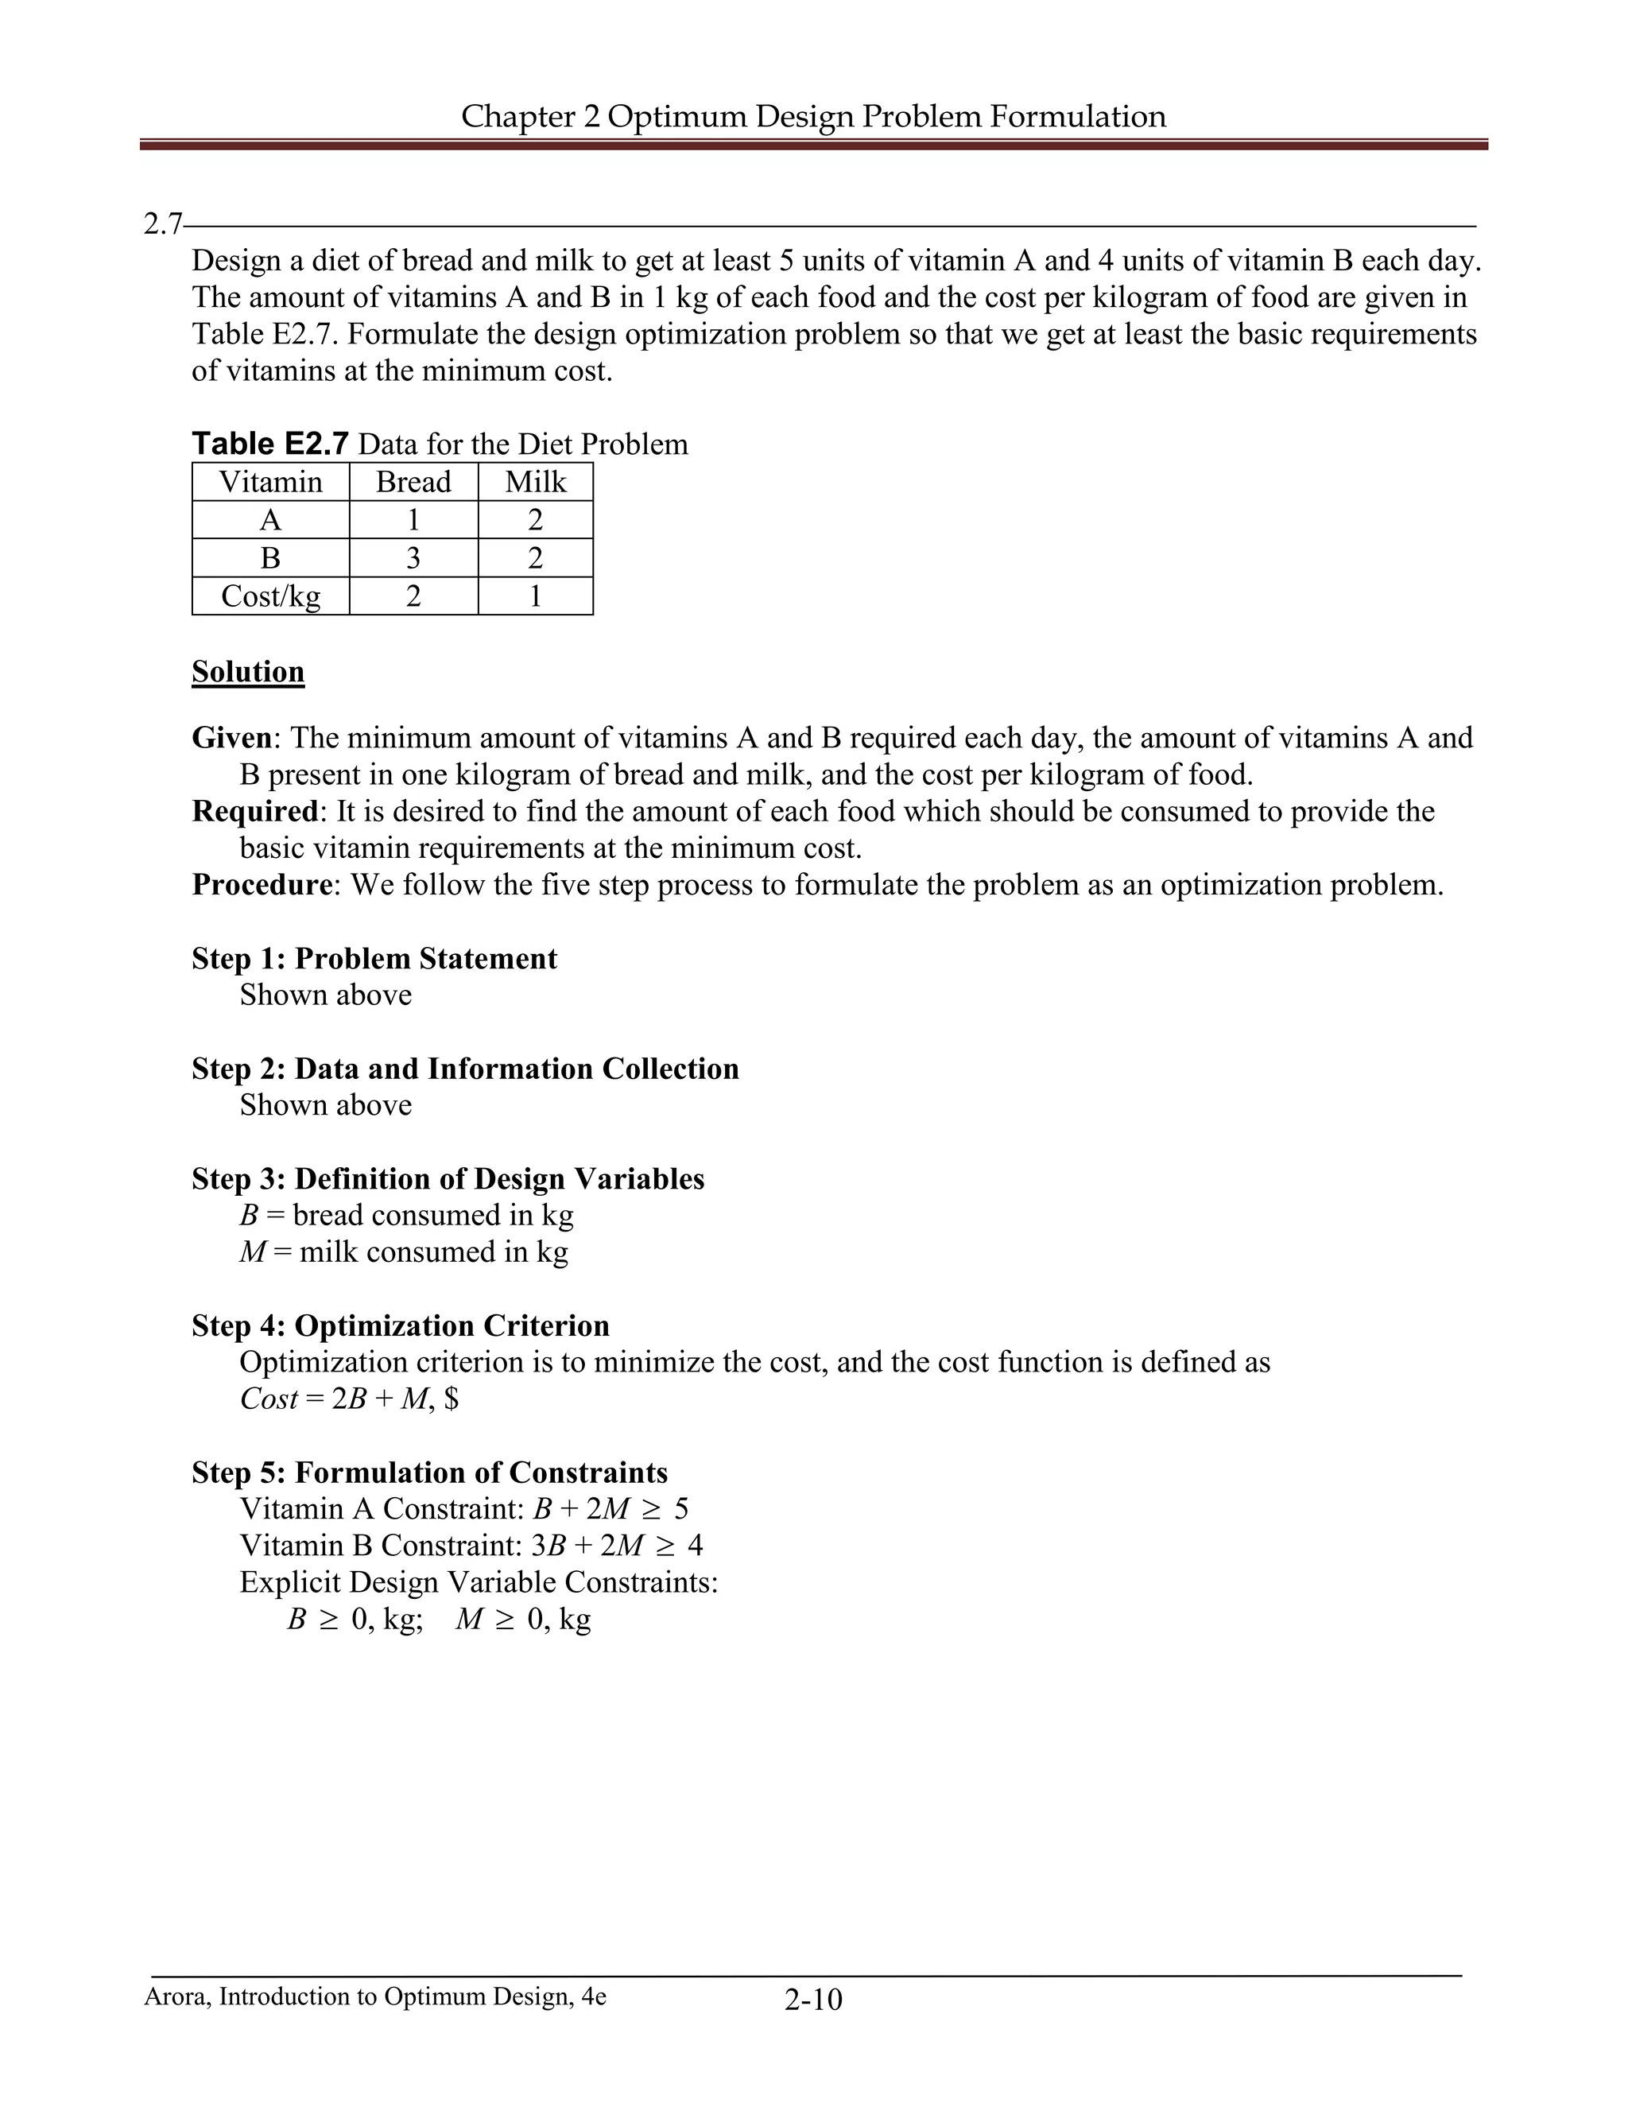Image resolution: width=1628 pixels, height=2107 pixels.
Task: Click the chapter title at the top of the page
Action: tap(813, 116)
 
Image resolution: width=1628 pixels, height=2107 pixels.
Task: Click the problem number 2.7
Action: tap(162, 225)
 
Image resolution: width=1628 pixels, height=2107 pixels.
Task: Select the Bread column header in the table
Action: tap(413, 481)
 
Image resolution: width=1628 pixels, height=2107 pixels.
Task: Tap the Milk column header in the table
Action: tap(535, 481)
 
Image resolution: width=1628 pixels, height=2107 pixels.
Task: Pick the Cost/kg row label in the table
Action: tap(270, 596)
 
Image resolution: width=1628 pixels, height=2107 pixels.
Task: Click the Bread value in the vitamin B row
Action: tap(413, 557)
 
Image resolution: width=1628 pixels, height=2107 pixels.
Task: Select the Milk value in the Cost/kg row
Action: tap(535, 596)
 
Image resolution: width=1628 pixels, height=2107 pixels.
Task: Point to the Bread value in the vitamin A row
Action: tap(413, 520)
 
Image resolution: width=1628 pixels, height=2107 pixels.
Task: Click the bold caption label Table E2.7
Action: tap(270, 444)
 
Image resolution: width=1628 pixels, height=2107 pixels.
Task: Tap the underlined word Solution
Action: tap(248, 672)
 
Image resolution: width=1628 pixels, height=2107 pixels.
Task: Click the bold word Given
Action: tap(231, 738)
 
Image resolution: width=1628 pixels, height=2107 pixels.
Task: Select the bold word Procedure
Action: tap(262, 885)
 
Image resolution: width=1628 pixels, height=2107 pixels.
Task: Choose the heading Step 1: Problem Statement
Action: tap(374, 958)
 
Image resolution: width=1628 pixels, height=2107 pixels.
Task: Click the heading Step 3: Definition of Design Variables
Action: tap(448, 1179)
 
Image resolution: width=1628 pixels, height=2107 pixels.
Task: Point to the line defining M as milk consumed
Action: tap(403, 1252)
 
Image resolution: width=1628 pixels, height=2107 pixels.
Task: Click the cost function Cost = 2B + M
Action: tap(348, 1399)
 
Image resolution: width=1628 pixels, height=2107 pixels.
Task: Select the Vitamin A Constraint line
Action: tap(463, 1509)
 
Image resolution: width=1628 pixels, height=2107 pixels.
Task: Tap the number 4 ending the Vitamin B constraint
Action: tap(696, 1546)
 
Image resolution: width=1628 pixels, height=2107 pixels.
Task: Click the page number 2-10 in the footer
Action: tap(813, 2000)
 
